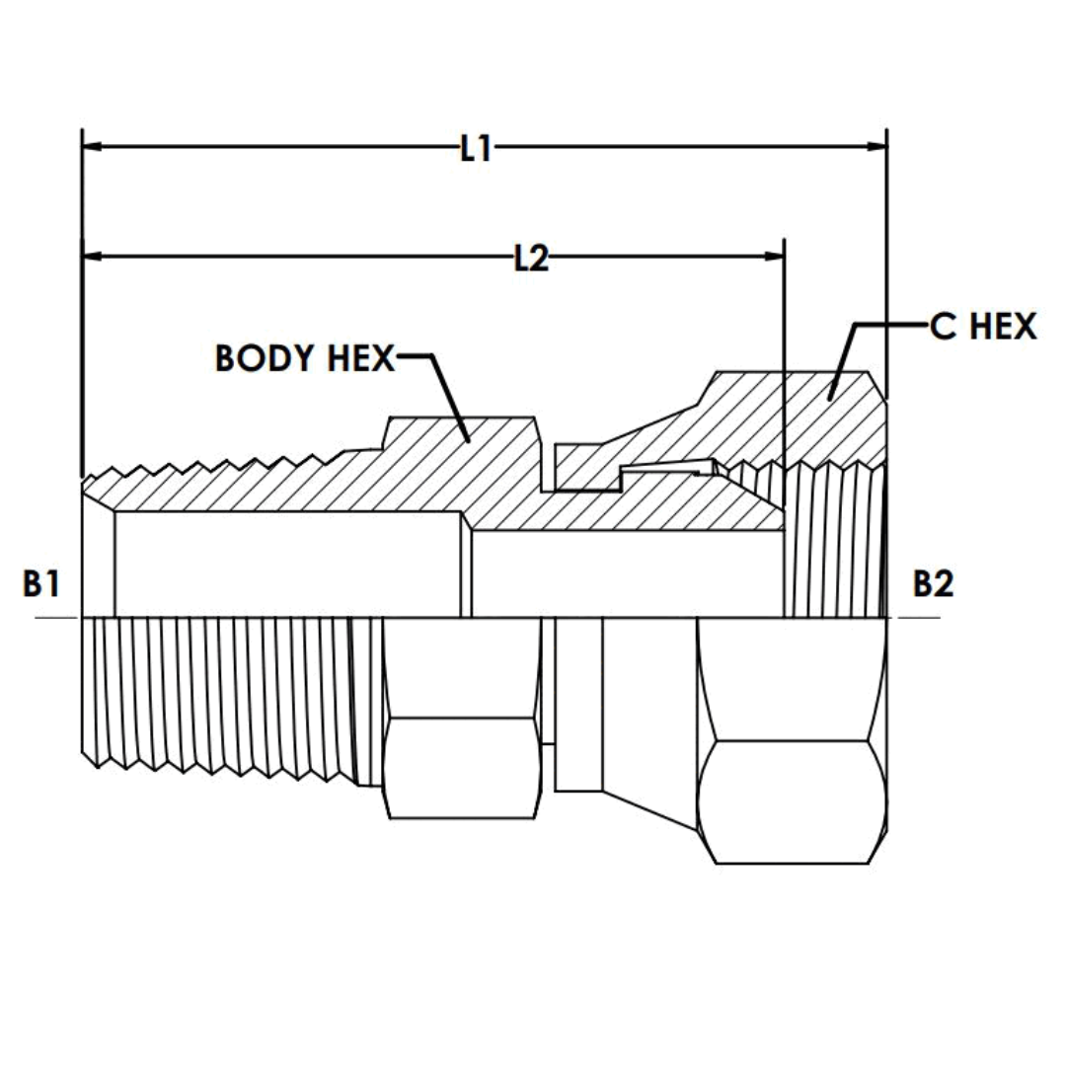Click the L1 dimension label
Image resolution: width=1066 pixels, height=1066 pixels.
coord(476,148)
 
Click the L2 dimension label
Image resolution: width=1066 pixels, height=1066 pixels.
coord(531,259)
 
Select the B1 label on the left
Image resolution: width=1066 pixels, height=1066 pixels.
coord(41,584)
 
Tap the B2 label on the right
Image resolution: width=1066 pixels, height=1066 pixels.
coord(933,584)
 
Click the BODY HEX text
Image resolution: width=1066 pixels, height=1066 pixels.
coord(304,358)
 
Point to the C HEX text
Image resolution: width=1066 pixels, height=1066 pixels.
coord(983,326)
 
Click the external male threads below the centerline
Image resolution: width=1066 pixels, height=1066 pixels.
coord(217,691)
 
